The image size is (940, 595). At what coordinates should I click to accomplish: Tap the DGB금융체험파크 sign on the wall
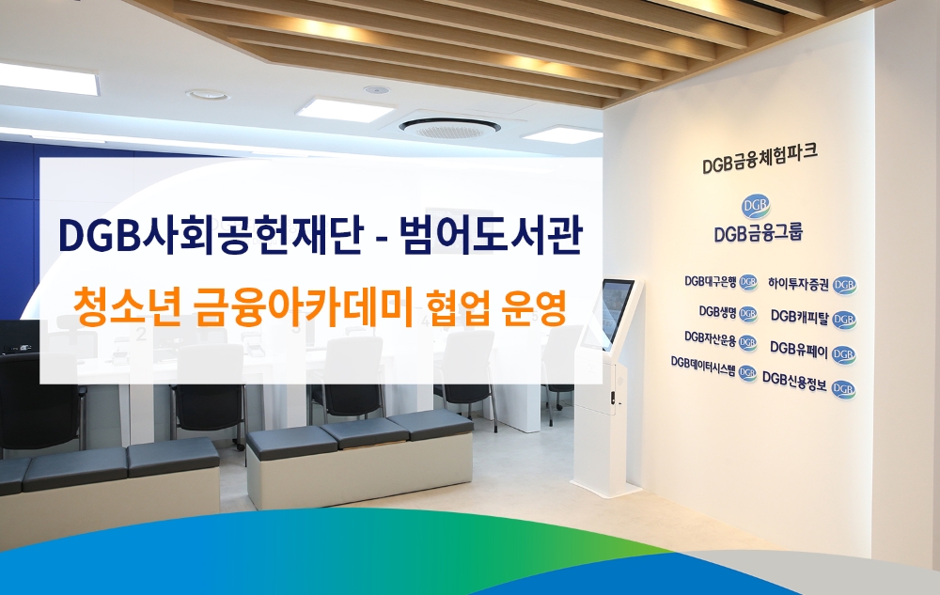click(760, 164)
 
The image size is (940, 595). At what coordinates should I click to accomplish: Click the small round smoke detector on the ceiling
click(376, 90)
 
